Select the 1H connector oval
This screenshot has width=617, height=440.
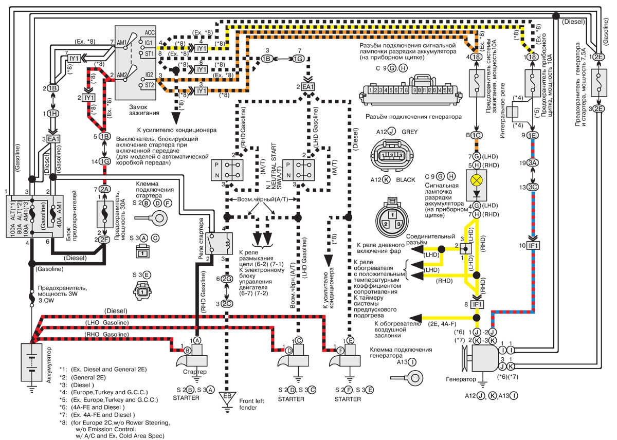coord(52,113)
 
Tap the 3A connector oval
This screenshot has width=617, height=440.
coord(532,163)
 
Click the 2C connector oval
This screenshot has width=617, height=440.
coord(227,303)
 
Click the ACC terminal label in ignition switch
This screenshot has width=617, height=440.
coord(150,32)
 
